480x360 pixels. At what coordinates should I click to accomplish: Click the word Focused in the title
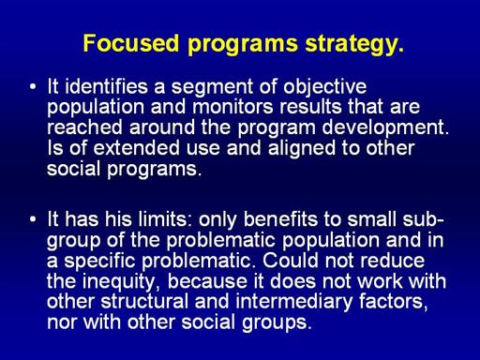131,43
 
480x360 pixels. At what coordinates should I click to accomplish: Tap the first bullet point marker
33,86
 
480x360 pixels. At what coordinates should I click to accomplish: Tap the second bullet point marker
33,219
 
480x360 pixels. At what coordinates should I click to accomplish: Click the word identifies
106,86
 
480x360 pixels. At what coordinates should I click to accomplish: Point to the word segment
212,88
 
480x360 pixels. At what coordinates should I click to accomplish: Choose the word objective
325,87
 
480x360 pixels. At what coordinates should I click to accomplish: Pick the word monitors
232,107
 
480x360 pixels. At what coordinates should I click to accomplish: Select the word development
385,128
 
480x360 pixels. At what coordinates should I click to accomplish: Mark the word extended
136,148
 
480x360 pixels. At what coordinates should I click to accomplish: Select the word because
207,281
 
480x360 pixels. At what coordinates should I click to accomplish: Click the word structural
144,302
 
